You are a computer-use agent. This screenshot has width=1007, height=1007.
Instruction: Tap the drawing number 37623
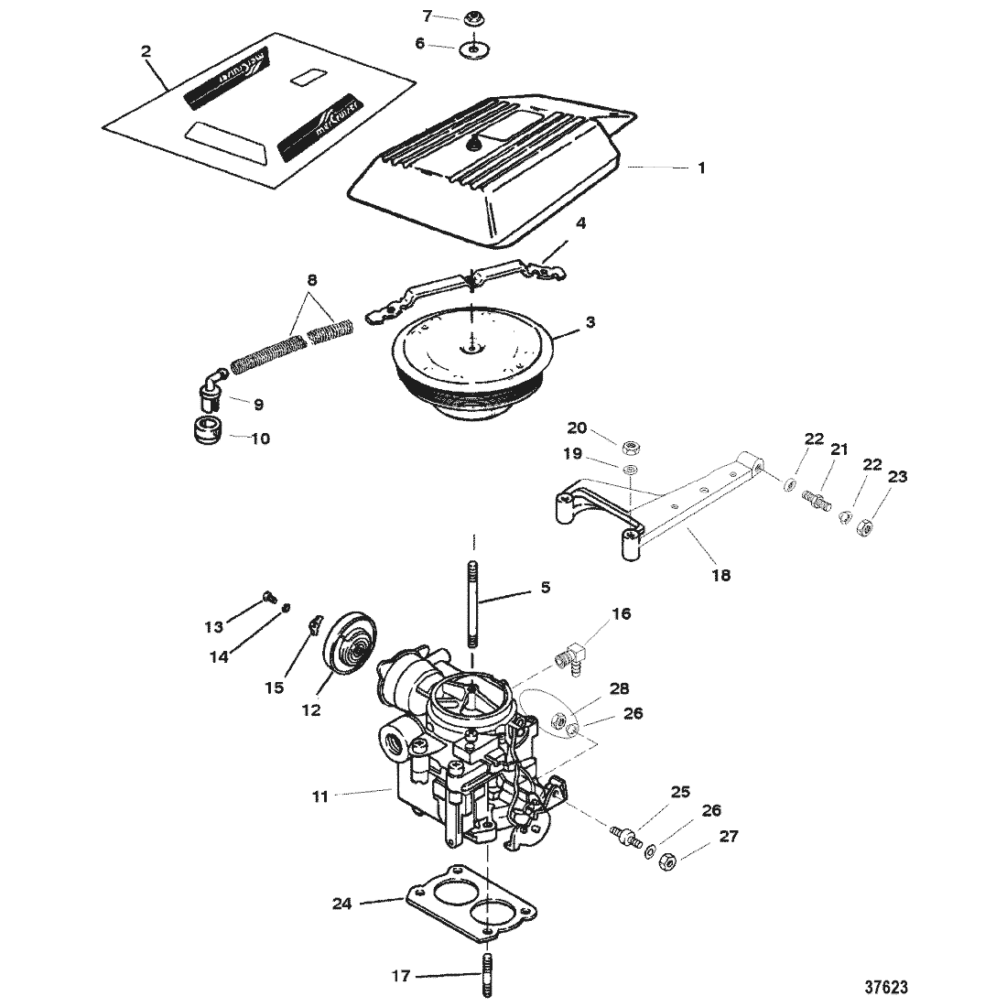click(x=884, y=988)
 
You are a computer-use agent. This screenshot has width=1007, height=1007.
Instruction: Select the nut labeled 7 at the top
click(x=474, y=17)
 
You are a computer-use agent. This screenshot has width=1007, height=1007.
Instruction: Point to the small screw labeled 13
click(x=269, y=596)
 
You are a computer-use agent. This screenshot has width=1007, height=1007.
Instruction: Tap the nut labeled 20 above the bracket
click(x=631, y=447)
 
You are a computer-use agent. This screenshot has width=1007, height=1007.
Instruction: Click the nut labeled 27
click(x=668, y=861)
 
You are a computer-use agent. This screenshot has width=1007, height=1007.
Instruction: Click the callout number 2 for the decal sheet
click(x=146, y=51)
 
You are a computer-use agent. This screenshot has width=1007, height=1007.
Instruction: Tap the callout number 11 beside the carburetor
click(x=319, y=796)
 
